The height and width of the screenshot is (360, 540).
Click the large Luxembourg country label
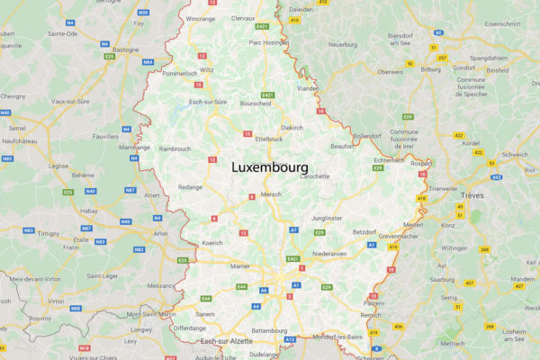pyautogui.click(x=270, y=167)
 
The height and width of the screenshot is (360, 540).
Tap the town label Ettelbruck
pyautogui.click(x=269, y=139)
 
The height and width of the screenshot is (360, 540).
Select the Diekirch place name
pyautogui.click(x=292, y=128)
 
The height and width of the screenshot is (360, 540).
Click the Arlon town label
pyautogui.click(x=161, y=233)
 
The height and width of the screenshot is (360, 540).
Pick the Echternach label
pyautogui.click(x=389, y=160)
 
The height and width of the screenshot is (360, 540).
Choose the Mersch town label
pyautogui.click(x=271, y=194)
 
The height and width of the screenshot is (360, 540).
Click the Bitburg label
pyautogui.click(x=430, y=68)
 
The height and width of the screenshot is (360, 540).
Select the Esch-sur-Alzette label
pyautogui.click(x=226, y=342)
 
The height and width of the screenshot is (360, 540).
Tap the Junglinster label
pyautogui.click(x=327, y=218)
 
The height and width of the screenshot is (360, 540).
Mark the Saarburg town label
pyautogui.click(x=442, y=280)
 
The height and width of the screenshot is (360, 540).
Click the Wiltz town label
pyautogui.click(x=207, y=69)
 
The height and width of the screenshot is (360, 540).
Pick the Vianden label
pyautogui.click(x=307, y=89)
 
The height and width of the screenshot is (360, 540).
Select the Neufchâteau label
pyautogui.click(x=18, y=141)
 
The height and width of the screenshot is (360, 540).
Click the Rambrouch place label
pyautogui.click(x=175, y=148)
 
